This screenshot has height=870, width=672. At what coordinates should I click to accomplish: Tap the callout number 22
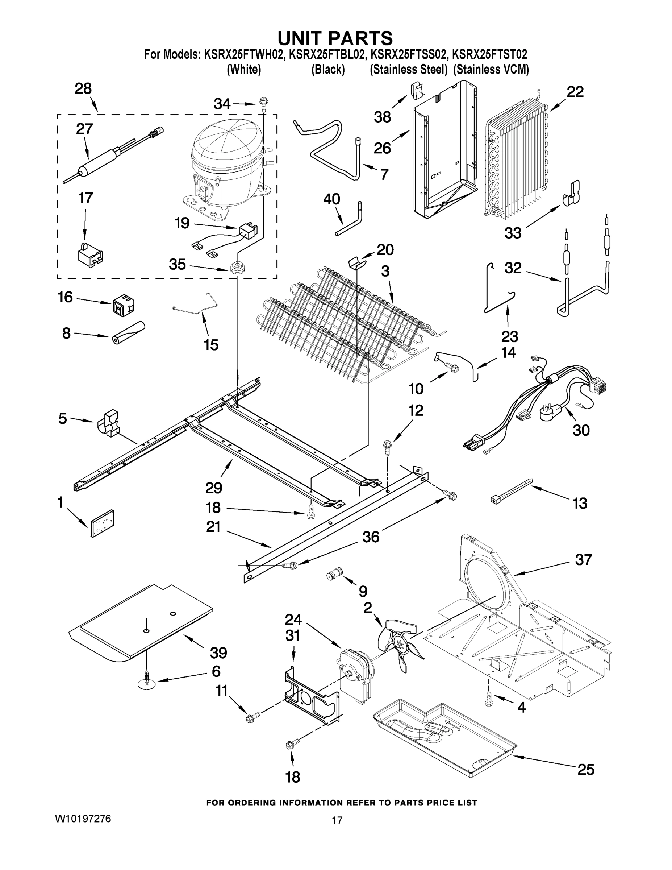pos(575,92)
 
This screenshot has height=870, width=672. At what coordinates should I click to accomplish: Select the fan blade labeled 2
pos(398,645)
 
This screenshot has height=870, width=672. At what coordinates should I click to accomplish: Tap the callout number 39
pos(218,652)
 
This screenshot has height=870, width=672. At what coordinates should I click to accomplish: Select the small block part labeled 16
pos(122,305)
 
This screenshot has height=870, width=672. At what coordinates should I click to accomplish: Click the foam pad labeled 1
pos(102,523)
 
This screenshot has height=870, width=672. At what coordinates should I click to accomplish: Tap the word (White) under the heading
pos(244,70)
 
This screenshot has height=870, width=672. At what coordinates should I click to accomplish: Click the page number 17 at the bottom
pos(337,821)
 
